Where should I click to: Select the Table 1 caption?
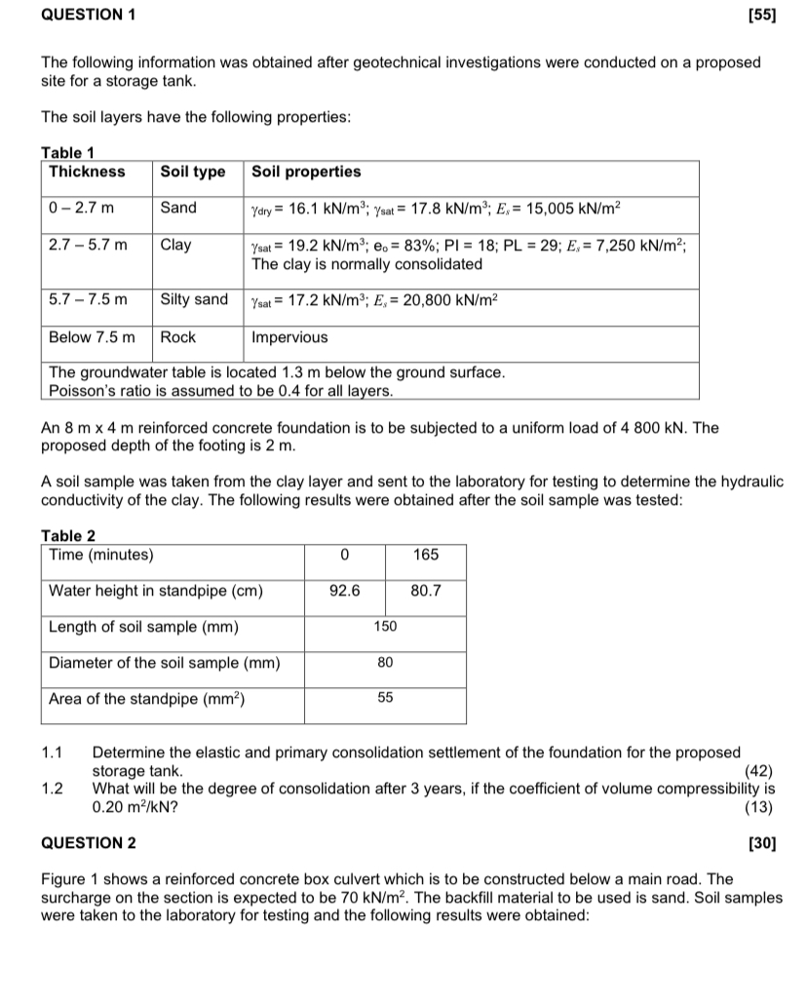coord(74,152)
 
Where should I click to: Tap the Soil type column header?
coord(193,173)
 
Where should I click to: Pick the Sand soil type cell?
coord(178,208)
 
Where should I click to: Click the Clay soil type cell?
coord(176,246)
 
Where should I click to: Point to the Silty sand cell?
coord(194,300)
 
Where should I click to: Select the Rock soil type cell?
coord(178,338)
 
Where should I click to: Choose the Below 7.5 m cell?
coord(93,338)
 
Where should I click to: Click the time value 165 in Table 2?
coord(426,556)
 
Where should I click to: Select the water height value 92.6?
coord(345,591)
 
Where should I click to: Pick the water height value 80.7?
coord(426,591)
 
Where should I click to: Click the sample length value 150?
coord(385,627)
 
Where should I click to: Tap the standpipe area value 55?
coord(385,698)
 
